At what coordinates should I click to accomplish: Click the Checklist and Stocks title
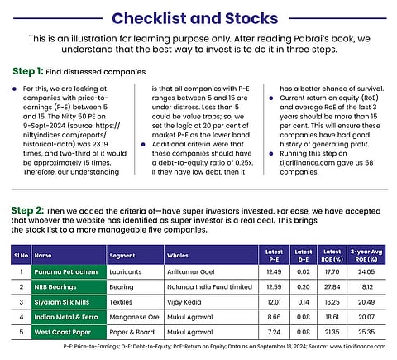195,18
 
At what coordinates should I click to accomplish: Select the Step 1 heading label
28,71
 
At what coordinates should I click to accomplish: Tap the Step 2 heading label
27,210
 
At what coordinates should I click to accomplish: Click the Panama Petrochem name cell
69,272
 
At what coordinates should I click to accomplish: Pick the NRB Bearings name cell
69,287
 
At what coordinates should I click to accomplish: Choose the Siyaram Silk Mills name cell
69,302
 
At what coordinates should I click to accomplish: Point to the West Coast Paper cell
69,332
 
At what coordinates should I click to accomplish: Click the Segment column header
122,256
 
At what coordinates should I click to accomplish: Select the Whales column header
178,256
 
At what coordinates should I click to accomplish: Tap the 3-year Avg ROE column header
366,256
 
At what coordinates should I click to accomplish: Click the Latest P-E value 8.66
274,317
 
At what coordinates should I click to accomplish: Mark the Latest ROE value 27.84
332,287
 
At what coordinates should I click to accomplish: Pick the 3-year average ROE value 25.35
366,332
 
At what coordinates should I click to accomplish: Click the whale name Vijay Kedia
184,302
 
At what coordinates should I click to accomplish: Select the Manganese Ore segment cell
134,317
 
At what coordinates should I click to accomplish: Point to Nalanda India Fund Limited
209,287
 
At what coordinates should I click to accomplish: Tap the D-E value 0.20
304,287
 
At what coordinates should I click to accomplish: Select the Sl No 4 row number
22,317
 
